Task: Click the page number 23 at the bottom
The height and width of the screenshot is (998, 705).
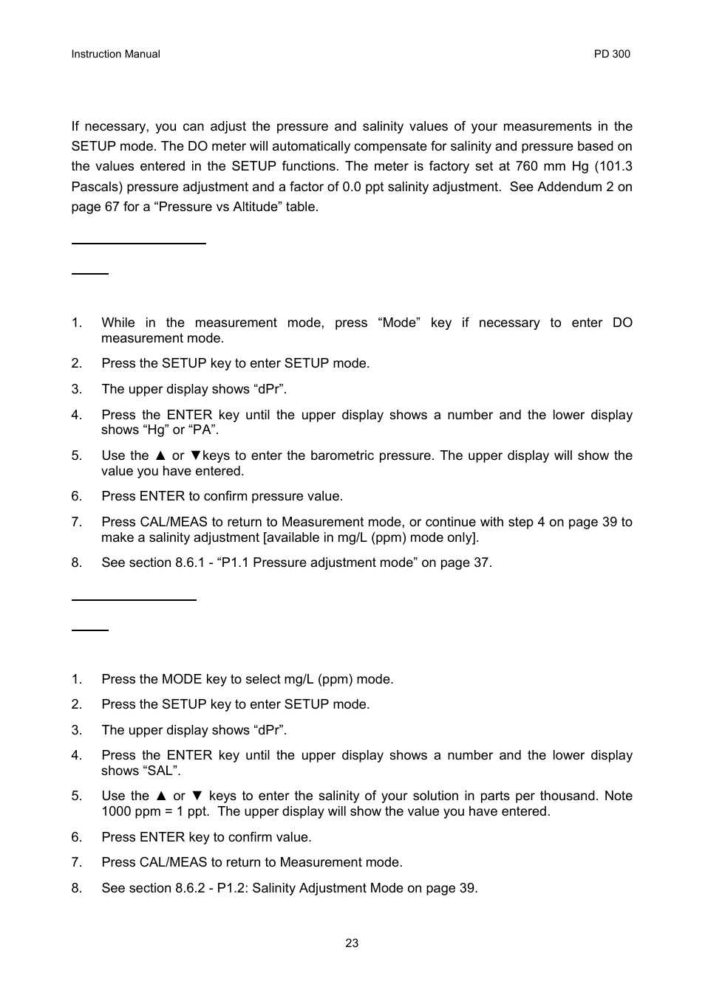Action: (x=352, y=943)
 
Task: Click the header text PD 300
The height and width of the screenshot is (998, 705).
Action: (x=612, y=54)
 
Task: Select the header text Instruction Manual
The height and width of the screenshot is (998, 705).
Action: (x=115, y=54)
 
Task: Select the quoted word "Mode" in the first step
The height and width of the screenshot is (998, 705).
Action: (x=399, y=323)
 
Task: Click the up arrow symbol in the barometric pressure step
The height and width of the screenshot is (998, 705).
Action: (x=160, y=455)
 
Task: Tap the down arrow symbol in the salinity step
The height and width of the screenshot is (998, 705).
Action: (x=197, y=796)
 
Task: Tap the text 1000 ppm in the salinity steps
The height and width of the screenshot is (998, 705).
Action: (x=126, y=811)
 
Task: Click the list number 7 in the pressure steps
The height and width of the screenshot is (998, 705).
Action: (x=76, y=522)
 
